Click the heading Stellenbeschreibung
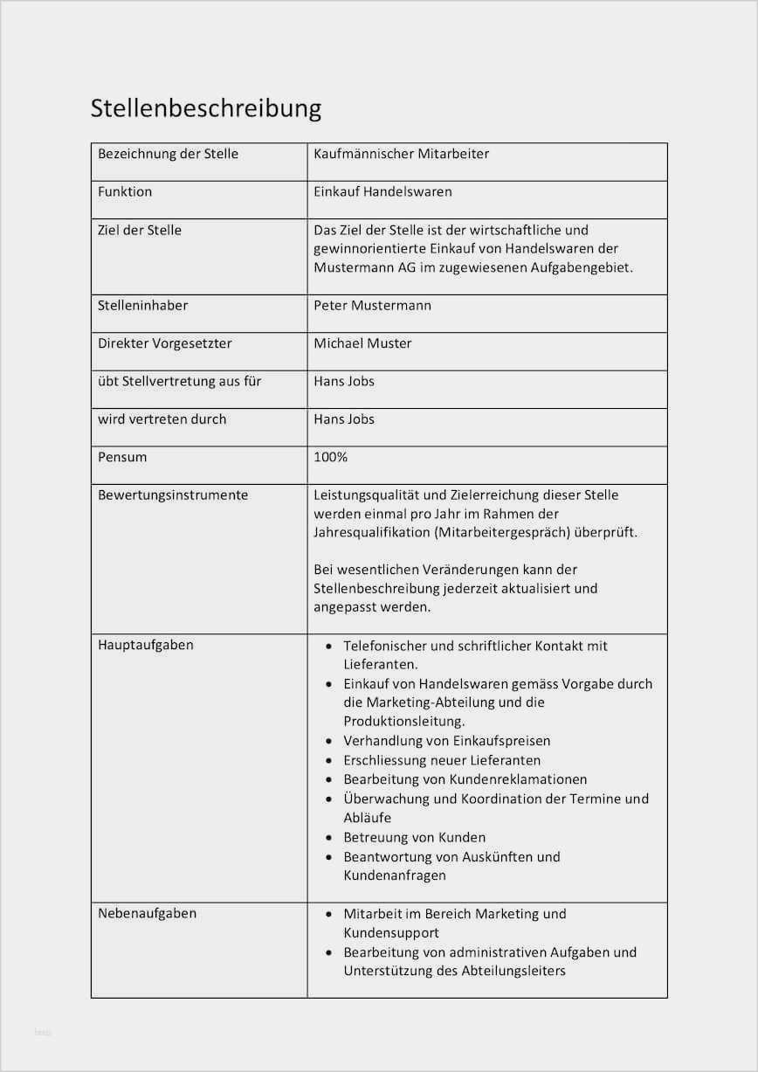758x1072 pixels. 206,108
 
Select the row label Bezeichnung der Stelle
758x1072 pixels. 168,154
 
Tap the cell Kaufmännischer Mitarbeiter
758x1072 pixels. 401,154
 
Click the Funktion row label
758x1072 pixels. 125,191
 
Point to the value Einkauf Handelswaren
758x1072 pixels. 382,191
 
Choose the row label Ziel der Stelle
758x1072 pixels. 140,230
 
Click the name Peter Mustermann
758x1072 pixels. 372,306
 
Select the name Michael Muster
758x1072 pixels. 362,343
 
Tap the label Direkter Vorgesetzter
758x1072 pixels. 164,343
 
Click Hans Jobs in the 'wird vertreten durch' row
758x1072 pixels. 344,419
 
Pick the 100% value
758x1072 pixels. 331,457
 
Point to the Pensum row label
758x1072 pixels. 122,457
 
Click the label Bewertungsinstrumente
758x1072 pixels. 173,495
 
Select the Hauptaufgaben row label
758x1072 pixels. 146,645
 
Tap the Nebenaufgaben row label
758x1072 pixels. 147,913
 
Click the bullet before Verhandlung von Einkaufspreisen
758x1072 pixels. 328,742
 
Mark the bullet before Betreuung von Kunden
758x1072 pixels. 328,838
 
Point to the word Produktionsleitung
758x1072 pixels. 403,722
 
